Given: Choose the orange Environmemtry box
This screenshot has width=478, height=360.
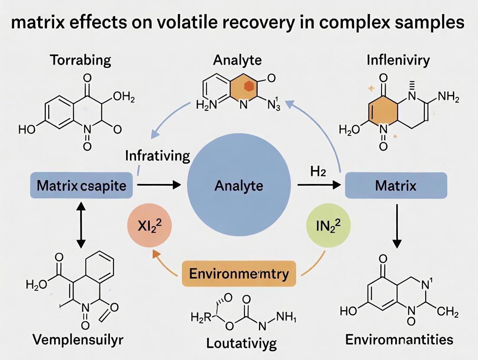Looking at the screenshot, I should [x=239, y=274].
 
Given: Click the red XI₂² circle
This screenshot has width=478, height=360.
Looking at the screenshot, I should [x=149, y=227].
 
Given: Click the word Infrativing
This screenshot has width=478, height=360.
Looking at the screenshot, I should [x=158, y=156].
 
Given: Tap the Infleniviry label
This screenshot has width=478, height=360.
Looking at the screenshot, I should [x=398, y=60].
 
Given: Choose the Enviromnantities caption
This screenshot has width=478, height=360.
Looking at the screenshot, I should [x=399, y=340].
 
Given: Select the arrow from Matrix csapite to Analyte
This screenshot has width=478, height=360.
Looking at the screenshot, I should [x=158, y=186].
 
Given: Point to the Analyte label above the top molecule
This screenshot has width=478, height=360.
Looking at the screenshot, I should [x=237, y=60].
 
